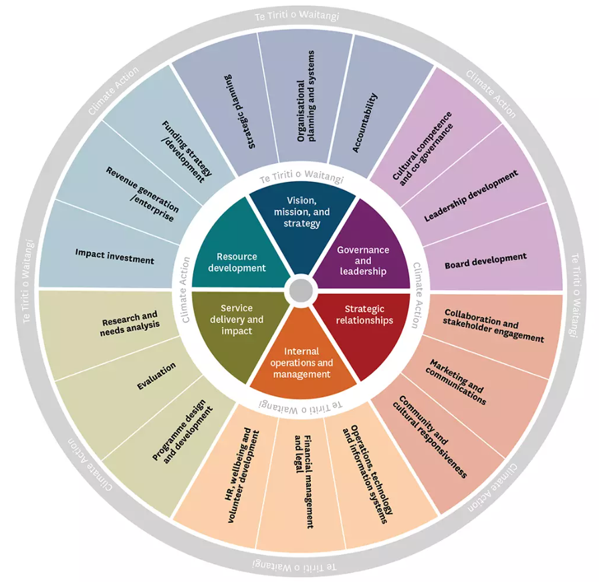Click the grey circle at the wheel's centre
[x=300, y=291]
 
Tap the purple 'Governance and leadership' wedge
[x=363, y=260]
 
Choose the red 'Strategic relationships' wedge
[x=364, y=315]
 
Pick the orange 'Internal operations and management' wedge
[x=301, y=362]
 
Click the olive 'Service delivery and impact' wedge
[x=236, y=320]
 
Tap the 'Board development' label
[x=485, y=261]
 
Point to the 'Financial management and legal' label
[x=304, y=481]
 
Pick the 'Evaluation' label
[x=156, y=377]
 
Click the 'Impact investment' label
[x=114, y=256]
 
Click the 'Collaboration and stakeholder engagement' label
[x=493, y=326]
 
